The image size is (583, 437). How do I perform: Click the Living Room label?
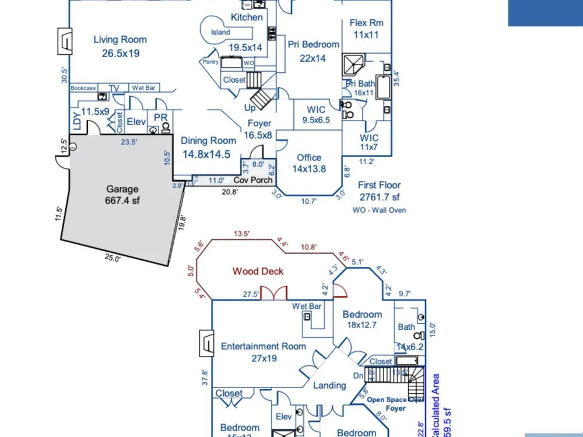(x=120, y=40)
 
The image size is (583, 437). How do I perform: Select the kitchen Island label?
(x=220, y=33)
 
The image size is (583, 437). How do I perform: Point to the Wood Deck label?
(x=258, y=271)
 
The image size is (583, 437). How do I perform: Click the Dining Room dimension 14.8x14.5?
(x=206, y=154)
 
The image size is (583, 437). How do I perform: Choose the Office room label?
(x=309, y=157)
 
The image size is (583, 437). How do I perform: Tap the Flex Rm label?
(x=367, y=23)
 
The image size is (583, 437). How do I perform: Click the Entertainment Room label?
(x=264, y=346)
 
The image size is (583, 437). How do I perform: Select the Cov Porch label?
(x=253, y=180)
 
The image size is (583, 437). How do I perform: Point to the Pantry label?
(x=210, y=62)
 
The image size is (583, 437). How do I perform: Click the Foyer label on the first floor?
(x=259, y=124)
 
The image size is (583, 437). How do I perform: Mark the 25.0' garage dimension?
(x=113, y=258)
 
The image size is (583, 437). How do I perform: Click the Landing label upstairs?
(x=329, y=385)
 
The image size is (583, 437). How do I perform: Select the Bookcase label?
(x=83, y=88)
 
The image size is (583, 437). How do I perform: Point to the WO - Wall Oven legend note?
(x=380, y=210)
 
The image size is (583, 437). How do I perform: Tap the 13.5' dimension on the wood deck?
(x=241, y=234)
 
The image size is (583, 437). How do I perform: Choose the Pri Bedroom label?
(x=313, y=44)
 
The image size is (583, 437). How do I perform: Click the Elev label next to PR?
(x=136, y=122)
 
